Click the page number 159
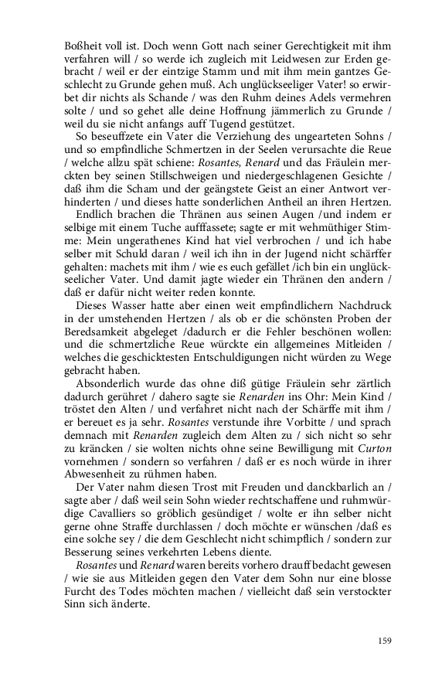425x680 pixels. (385, 640)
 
